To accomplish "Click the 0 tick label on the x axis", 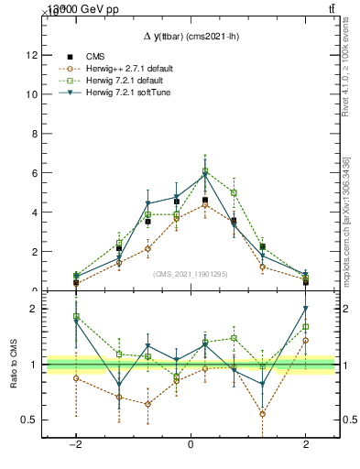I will pyautogui.click(x=190, y=443).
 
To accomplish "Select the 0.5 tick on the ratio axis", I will pyautogui.click(x=30, y=420).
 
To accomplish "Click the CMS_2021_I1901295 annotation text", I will pyautogui.click(x=190, y=274).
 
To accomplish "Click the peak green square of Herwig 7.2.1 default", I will pyautogui.click(x=205, y=171).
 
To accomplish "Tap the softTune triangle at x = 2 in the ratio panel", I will pyautogui.click(x=305, y=309).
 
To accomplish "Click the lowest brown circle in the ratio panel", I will pyautogui.click(x=263, y=413).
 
